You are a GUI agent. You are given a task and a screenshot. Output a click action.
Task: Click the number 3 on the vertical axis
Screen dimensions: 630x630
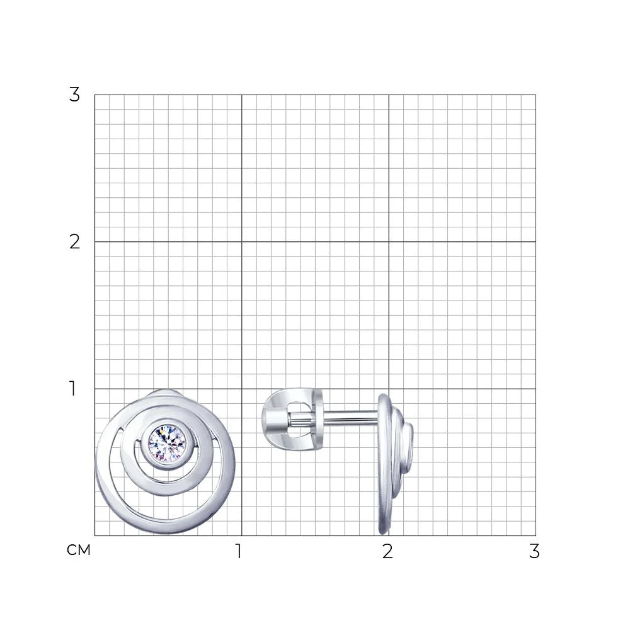(x=74, y=95)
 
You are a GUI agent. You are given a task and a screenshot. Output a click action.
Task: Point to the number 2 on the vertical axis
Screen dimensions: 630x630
(x=74, y=242)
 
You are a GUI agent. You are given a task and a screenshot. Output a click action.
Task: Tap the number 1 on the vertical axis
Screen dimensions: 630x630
(x=72, y=389)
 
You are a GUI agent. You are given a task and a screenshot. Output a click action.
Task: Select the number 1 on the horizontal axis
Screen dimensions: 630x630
(x=239, y=551)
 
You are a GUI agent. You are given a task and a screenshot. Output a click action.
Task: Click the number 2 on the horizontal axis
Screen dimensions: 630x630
(x=387, y=551)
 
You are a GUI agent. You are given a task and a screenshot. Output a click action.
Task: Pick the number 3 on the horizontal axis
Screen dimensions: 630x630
(x=534, y=551)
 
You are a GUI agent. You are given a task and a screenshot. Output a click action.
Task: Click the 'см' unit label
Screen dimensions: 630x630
(x=79, y=550)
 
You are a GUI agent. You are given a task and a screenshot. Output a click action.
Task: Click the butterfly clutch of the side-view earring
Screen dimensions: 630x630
(x=292, y=419)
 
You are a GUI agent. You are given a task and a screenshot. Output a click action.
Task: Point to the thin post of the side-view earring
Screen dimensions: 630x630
(x=350, y=418)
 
